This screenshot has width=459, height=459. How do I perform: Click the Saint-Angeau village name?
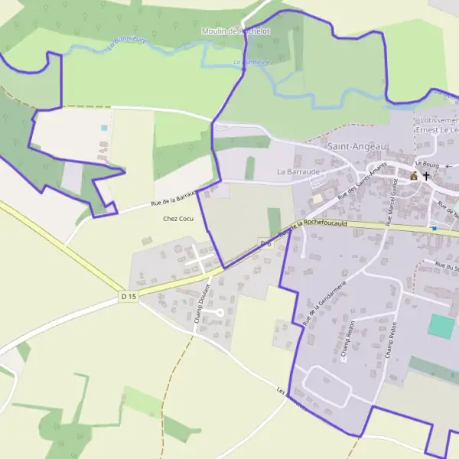[x=357, y=146]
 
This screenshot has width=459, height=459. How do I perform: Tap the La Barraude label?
[x=298, y=172]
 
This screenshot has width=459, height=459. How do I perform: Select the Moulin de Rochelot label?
[x=236, y=31]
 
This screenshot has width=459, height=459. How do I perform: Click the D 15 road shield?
[x=128, y=295]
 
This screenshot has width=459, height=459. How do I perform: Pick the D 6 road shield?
[x=265, y=243]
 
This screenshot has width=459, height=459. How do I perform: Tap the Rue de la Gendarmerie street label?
[x=324, y=302]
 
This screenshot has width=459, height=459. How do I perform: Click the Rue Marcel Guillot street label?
[x=392, y=200]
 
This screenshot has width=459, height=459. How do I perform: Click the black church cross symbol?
[x=426, y=176]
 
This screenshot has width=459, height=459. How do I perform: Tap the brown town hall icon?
[x=414, y=176]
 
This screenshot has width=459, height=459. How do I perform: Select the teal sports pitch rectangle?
[x=441, y=326]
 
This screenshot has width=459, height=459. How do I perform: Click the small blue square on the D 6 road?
[x=434, y=228]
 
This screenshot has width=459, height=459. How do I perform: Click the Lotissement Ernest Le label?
[x=437, y=125]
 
